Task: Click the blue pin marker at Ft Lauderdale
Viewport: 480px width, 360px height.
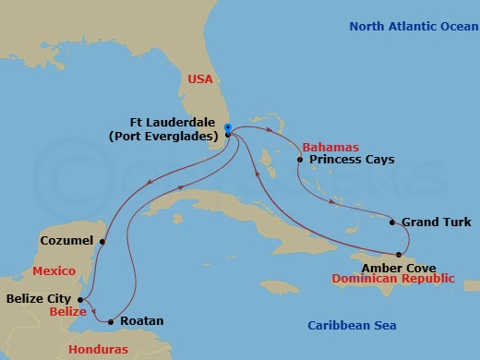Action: pyautogui.click(x=228, y=130)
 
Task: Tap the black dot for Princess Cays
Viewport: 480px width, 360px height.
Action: pyautogui.click(x=299, y=160)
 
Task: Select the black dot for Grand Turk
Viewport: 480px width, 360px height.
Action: pyautogui.click(x=393, y=222)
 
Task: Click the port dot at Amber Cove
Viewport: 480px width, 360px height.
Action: pyautogui.click(x=399, y=254)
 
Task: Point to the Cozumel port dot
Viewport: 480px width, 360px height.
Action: pyautogui.click(x=102, y=243)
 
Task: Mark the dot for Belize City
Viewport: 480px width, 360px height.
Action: pyautogui.click(x=82, y=299)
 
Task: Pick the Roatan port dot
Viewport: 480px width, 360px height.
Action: pyautogui.click(x=111, y=322)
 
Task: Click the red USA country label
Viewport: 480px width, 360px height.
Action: pyautogui.click(x=200, y=80)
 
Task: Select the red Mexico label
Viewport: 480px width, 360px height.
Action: pyautogui.click(x=52, y=271)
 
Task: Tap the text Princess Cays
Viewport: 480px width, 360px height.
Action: pyautogui.click(x=352, y=160)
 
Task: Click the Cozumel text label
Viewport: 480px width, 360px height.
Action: pyautogui.click(x=66, y=240)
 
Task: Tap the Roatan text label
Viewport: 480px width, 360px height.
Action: pyautogui.click(x=142, y=321)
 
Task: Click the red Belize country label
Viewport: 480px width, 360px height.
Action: pyautogui.click(x=56, y=314)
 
